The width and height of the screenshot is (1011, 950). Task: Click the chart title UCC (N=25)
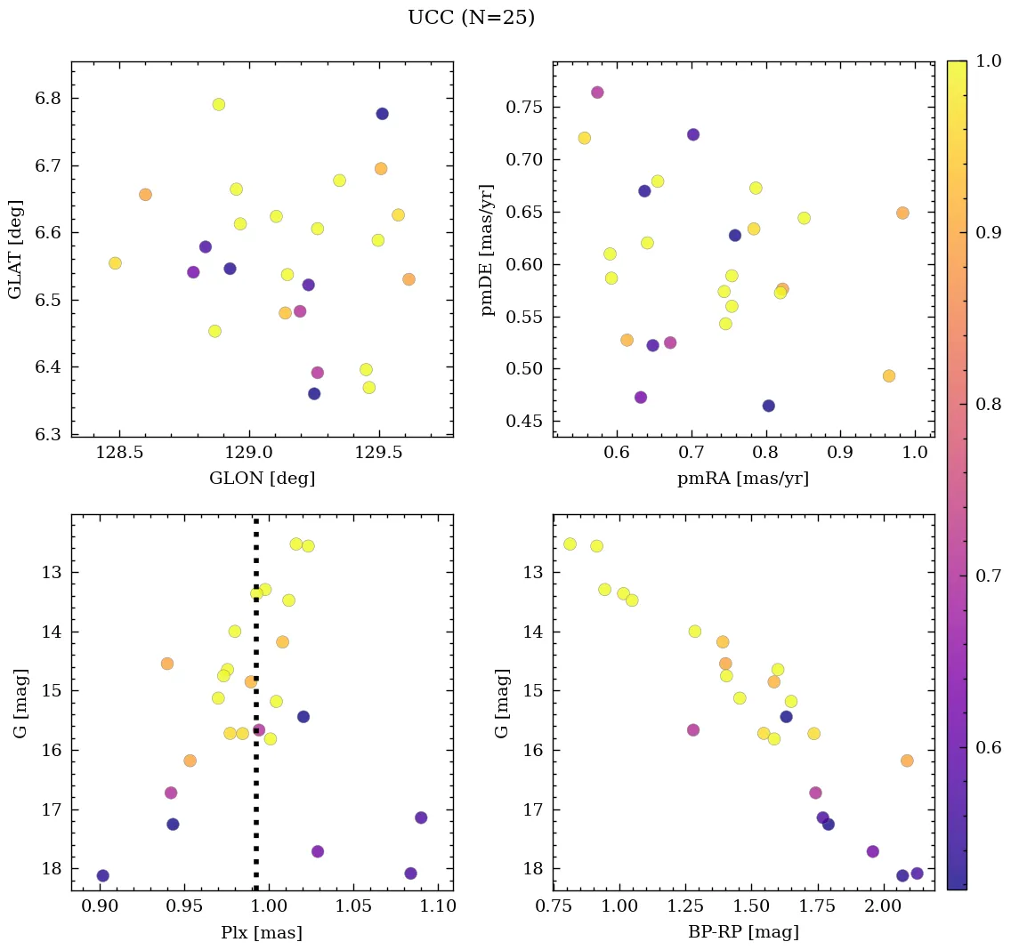471,18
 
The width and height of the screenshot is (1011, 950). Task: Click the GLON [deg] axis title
262,479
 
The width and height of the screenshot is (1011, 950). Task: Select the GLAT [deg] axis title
15,249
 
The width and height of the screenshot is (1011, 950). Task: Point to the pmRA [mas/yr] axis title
743,479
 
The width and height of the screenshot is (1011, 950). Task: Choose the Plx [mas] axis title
262,932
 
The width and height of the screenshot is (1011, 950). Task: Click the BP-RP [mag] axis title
743,932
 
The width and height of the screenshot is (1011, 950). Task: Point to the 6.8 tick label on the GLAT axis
48,98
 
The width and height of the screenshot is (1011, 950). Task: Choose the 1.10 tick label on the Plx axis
438,909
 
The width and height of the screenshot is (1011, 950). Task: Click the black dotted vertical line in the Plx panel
256,712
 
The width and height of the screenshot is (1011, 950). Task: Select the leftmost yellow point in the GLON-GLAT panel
115,263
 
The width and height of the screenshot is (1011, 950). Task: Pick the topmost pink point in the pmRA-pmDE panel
597,93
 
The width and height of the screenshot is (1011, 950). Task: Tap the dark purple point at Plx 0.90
102,875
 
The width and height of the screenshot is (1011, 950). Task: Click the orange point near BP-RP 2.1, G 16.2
907,761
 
